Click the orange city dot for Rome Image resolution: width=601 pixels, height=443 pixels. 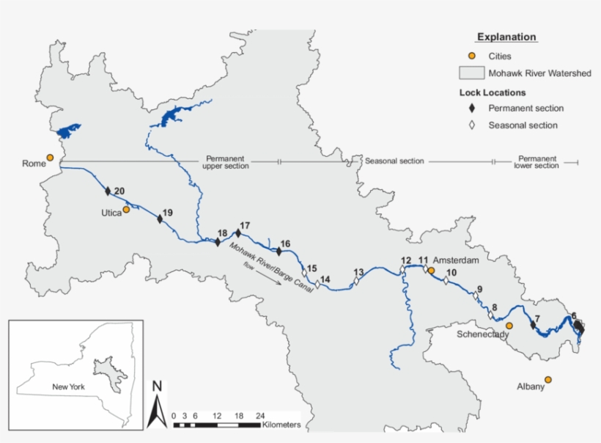click(50, 158)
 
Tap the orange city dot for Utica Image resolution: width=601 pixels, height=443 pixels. click(126, 209)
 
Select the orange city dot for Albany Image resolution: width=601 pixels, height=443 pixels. click(547, 379)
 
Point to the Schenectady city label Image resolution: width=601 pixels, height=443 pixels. click(483, 334)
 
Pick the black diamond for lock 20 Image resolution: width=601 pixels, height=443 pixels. click(108, 191)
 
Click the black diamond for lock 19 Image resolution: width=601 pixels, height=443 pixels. click(160, 219)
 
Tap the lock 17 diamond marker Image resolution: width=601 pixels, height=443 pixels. click(238, 233)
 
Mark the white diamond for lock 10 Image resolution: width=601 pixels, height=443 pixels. click(446, 281)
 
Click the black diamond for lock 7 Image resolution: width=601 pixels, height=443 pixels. click(533, 324)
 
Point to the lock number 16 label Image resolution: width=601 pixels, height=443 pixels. click(286, 244)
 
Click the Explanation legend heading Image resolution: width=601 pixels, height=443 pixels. click(506, 37)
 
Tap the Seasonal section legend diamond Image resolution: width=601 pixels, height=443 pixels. click(473, 125)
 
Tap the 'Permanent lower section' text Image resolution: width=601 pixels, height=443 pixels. click(537, 161)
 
